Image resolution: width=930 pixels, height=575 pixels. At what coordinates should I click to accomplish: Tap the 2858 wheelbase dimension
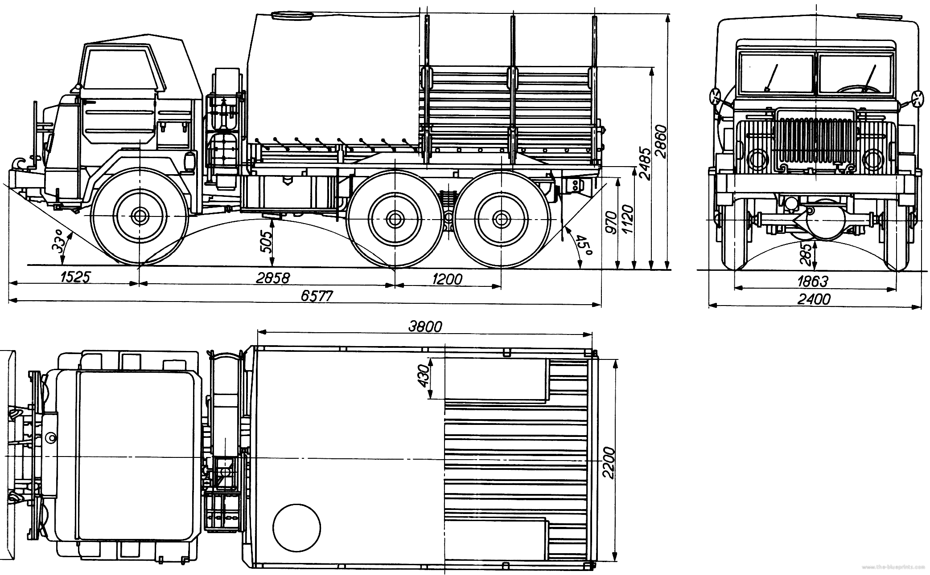click(272, 278)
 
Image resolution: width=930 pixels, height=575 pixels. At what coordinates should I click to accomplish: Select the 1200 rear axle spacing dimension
click(447, 279)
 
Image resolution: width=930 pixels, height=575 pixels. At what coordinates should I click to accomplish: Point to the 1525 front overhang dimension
click(75, 277)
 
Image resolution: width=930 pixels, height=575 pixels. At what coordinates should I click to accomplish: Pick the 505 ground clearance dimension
click(266, 241)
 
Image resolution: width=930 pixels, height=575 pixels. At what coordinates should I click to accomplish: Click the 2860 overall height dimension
click(662, 142)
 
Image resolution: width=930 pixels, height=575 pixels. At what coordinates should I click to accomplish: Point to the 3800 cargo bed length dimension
click(425, 326)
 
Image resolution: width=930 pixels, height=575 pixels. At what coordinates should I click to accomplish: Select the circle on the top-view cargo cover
click(296, 527)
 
